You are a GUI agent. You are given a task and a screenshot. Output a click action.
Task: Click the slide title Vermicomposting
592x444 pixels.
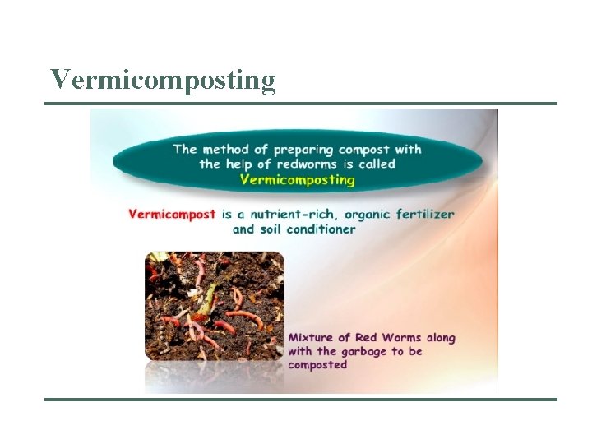point(163,80)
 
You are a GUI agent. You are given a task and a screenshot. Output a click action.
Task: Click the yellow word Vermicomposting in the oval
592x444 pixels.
point(298,178)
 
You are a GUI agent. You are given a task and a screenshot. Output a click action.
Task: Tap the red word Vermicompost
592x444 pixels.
point(173,214)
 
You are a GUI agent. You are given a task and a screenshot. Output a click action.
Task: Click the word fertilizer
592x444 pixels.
point(425,214)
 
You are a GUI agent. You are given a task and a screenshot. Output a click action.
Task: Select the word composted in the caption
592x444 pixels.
point(317,365)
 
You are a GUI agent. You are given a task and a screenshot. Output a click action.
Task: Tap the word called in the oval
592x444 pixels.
point(376,164)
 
